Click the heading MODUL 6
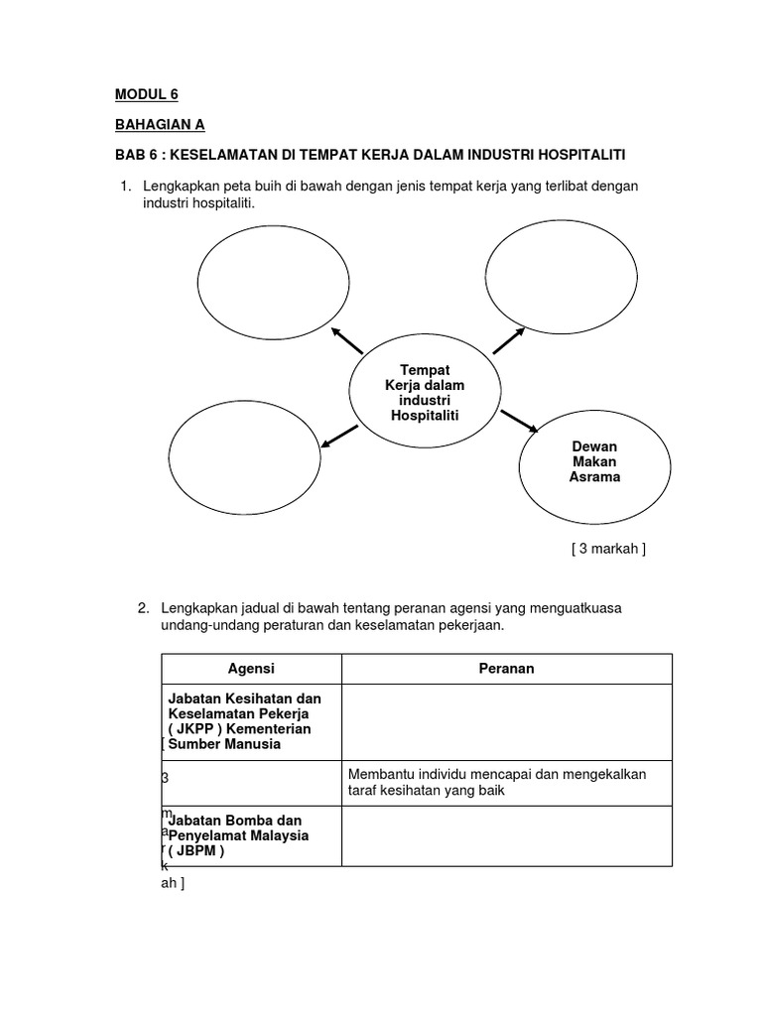click(146, 94)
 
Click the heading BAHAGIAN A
click(160, 125)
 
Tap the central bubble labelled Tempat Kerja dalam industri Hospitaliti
click(425, 392)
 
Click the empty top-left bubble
click(273, 282)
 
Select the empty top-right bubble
click(561, 269)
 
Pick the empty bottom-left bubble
click(244, 456)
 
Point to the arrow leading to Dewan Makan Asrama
click(519, 421)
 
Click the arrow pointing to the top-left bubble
click(347, 339)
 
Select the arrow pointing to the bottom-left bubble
click(340, 436)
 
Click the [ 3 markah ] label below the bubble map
click(608, 549)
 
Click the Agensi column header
click(251, 669)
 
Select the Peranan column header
click(506, 669)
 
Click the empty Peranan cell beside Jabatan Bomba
click(506, 835)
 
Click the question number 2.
click(143, 607)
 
